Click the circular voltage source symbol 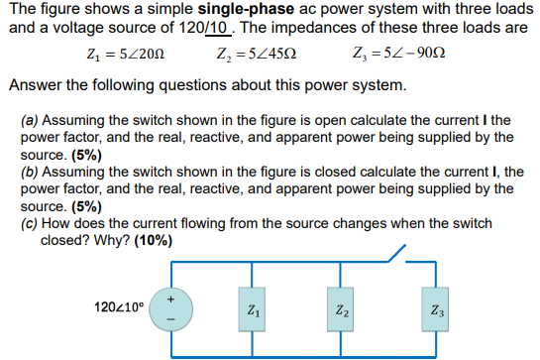point(168,309)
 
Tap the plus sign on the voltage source point(169,296)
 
